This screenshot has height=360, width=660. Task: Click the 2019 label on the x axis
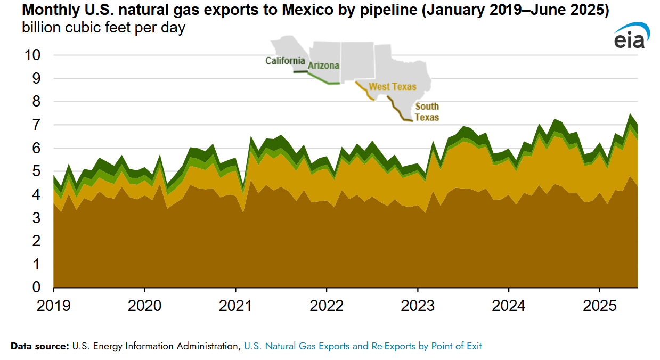(x=54, y=306)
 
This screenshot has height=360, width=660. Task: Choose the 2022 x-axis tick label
(x=327, y=306)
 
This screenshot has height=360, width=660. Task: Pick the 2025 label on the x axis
(x=600, y=306)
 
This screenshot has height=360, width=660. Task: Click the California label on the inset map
(x=286, y=61)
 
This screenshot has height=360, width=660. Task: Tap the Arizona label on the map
(x=323, y=66)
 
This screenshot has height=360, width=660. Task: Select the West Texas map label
(x=393, y=86)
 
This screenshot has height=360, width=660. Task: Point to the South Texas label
(x=427, y=112)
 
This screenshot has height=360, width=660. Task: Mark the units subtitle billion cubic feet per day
(x=103, y=28)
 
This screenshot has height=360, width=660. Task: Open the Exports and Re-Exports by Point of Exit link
(x=362, y=346)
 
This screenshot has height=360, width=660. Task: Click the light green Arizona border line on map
(x=320, y=79)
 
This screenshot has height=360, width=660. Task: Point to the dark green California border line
(x=300, y=72)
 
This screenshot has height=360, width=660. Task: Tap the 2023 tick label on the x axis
(x=418, y=306)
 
